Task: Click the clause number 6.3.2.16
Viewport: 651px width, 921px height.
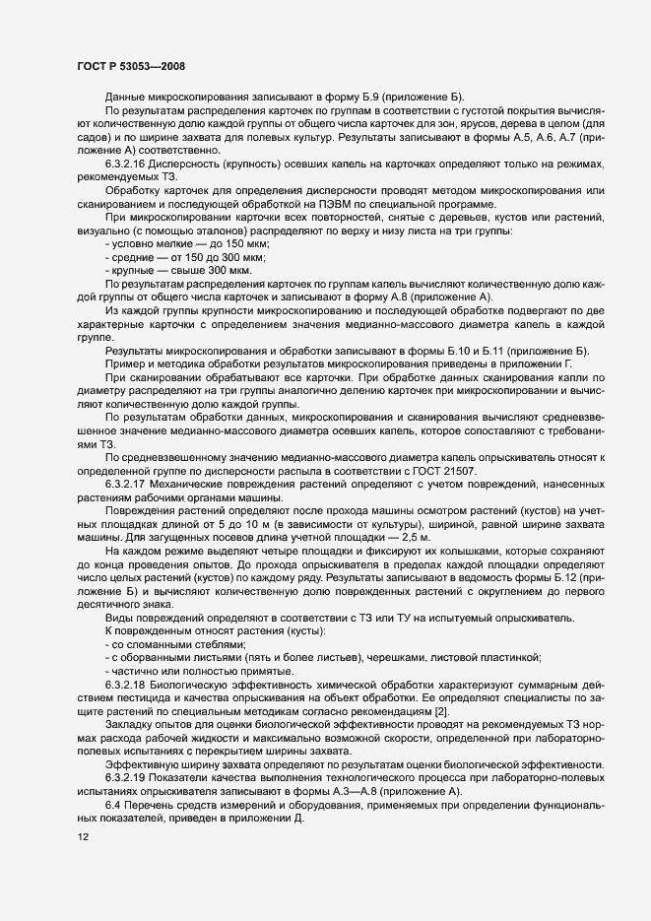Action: pos(128,162)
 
